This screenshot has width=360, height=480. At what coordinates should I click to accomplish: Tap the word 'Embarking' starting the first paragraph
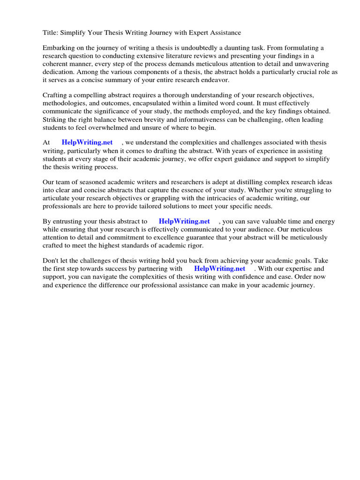pos(58,48)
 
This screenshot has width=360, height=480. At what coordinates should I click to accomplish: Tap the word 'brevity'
pos(149,119)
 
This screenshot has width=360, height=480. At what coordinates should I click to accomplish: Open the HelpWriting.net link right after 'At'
pos(87,142)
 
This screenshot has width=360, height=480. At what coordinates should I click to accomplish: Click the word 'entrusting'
pos(69,222)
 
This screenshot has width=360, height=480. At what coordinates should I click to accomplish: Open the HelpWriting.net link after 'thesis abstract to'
pos(184,222)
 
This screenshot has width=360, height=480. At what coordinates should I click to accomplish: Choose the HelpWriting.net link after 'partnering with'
pos(219,269)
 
